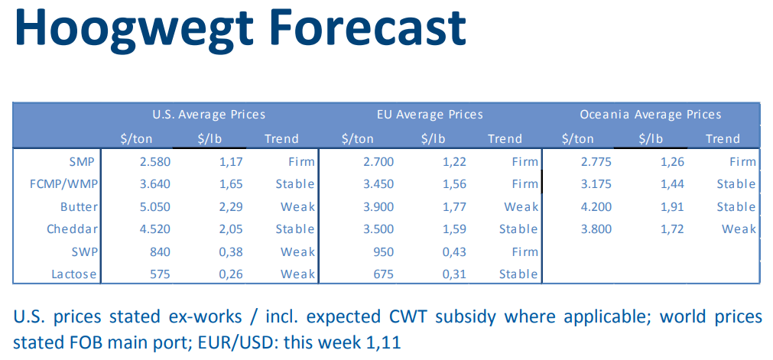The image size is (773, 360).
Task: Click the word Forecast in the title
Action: click(x=369, y=28)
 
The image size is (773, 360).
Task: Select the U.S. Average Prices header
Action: click(x=209, y=115)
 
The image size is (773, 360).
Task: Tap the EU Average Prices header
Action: click(x=430, y=115)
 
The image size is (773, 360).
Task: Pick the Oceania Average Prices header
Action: click(x=651, y=115)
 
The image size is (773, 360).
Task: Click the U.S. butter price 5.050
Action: click(x=155, y=207)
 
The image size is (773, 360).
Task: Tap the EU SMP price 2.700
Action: click(x=375, y=162)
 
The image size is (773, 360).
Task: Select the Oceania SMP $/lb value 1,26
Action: click(x=671, y=162)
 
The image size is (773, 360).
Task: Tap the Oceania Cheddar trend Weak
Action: click(x=739, y=229)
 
